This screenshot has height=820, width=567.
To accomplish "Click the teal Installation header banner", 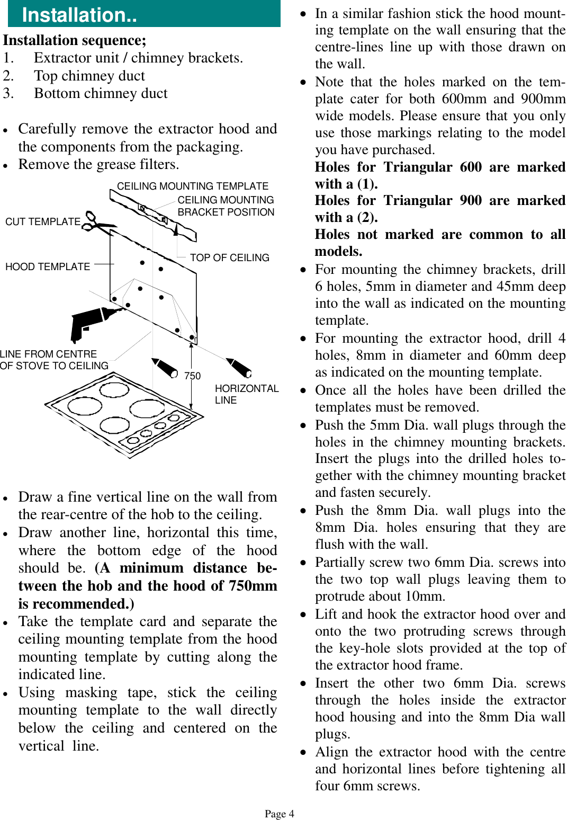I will pos(144,14).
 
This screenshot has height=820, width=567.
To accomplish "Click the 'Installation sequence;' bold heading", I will pos(75,40).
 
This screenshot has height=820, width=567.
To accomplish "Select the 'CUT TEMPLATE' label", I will pos(43,221).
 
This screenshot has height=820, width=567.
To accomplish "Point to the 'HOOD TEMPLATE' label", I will pos(48,266).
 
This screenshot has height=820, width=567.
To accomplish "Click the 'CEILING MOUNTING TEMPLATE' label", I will pos(193,186).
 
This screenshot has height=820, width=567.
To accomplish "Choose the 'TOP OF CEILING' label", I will pos(229,257).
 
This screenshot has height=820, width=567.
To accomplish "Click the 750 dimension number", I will pos(193,376).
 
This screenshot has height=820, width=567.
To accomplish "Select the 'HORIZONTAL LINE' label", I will pos(246,394).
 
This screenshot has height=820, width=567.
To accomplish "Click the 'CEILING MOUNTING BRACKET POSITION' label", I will pos(226,206).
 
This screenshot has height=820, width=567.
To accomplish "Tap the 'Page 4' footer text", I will pos(280,814).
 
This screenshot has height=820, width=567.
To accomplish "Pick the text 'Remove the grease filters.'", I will pos(98,164).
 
